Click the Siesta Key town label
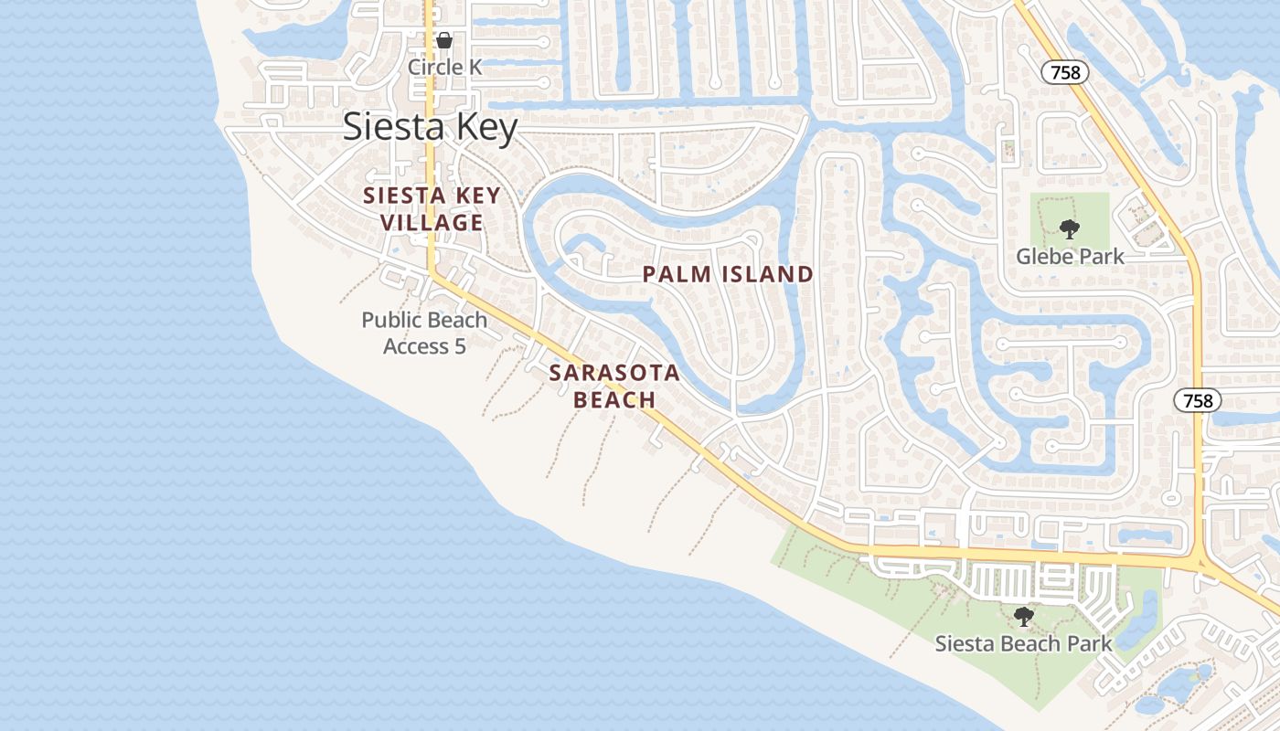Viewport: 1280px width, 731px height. [430, 127]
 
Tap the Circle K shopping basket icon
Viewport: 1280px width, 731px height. [444, 40]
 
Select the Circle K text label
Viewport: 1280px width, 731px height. [444, 67]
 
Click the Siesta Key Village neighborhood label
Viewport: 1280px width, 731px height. [432, 208]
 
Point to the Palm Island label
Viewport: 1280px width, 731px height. [728, 274]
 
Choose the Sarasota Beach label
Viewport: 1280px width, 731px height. [614, 386]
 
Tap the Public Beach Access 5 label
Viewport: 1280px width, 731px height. [424, 333]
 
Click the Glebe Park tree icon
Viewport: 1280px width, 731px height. [1069, 229]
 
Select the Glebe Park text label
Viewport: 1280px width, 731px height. [1070, 256]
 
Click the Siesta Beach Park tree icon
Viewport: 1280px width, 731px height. [1024, 617]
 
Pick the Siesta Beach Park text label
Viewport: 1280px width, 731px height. [1023, 643]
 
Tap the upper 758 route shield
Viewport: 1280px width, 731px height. [1066, 73]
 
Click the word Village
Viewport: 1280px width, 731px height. [432, 222]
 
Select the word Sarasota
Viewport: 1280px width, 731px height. [614, 373]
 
